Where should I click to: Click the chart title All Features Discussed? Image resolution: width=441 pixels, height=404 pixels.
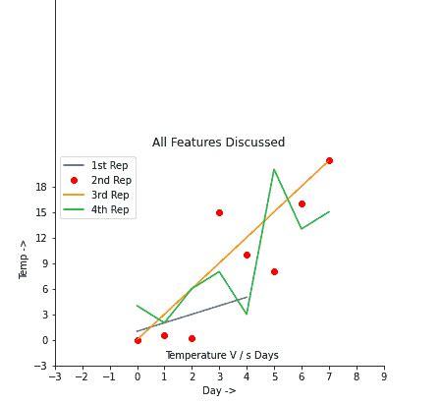coord(218,143)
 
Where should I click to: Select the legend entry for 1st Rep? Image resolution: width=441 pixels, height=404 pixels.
coord(109,166)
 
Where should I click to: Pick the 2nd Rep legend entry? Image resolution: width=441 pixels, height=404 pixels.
coord(110,181)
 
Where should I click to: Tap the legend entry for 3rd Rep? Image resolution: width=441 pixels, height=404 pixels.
coord(109,196)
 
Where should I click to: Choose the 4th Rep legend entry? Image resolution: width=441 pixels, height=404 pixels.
coord(109,210)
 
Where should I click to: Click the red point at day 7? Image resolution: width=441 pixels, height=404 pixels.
coord(329,160)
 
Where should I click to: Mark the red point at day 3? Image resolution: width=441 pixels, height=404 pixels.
coord(219,212)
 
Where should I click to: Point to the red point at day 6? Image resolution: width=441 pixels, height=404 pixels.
coord(302,203)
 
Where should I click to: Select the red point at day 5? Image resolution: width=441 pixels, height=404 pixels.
coord(274,271)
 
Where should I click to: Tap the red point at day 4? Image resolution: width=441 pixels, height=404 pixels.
coord(247,255)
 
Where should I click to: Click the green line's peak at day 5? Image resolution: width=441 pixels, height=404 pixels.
coord(274,169)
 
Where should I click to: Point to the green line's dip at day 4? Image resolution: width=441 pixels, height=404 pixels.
coord(247,315)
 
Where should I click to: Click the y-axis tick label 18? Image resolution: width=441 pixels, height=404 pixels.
coord(41,187)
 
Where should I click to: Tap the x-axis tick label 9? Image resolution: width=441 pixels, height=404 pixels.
coord(384,375)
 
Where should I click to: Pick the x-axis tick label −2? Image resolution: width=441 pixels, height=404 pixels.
coord(82,375)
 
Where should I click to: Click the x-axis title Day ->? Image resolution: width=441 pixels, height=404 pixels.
coord(219,390)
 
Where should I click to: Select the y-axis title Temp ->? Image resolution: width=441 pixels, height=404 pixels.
coord(25,260)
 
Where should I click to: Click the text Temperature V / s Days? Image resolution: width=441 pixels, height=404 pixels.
coord(221,355)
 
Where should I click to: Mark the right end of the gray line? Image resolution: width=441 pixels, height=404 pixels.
coord(247,297)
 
